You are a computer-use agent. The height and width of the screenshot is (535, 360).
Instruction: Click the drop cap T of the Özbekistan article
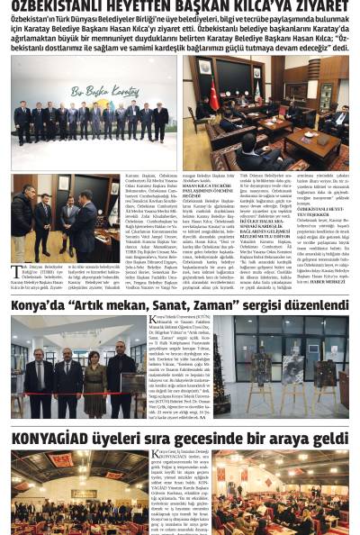coord(15,269)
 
